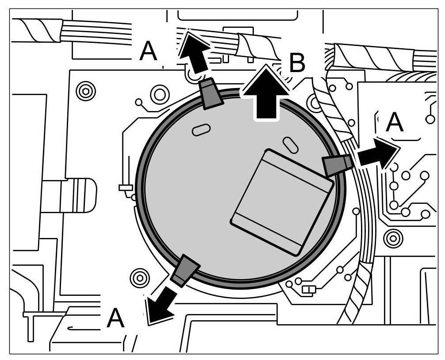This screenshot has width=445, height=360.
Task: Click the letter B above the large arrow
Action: [297, 63]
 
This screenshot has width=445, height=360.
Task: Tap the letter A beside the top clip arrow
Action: [148, 52]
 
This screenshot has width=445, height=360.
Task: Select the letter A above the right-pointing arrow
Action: [395, 123]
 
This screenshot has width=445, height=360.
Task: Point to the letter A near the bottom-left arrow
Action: [115, 318]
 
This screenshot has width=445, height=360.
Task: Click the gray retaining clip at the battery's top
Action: [211, 93]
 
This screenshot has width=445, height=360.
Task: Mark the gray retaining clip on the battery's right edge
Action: [338, 165]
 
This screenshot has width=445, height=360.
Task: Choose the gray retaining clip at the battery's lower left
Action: [185, 271]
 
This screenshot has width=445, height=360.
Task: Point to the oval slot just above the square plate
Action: [290, 145]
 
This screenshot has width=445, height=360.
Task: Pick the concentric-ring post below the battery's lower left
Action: [140, 277]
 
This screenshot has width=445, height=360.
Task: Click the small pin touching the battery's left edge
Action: [125, 188]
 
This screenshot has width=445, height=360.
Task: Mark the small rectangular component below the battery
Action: [308, 290]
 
